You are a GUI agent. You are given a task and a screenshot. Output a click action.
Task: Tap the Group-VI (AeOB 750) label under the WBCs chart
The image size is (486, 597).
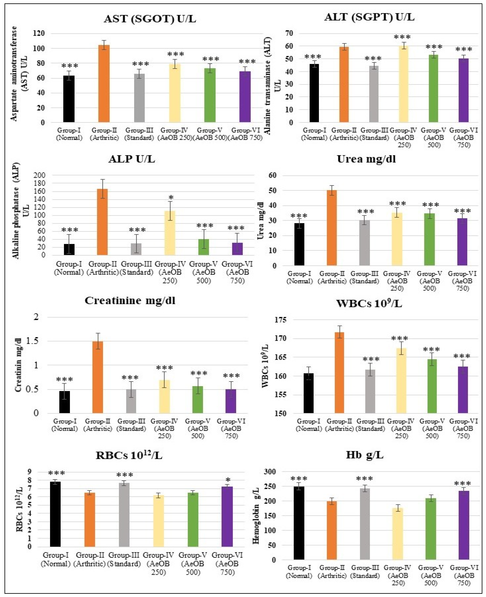[x=463, y=429]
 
